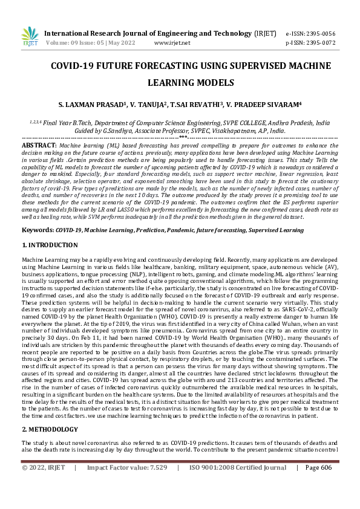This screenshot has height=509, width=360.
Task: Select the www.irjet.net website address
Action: [172, 43]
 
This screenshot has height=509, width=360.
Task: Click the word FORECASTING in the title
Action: [156, 65]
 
